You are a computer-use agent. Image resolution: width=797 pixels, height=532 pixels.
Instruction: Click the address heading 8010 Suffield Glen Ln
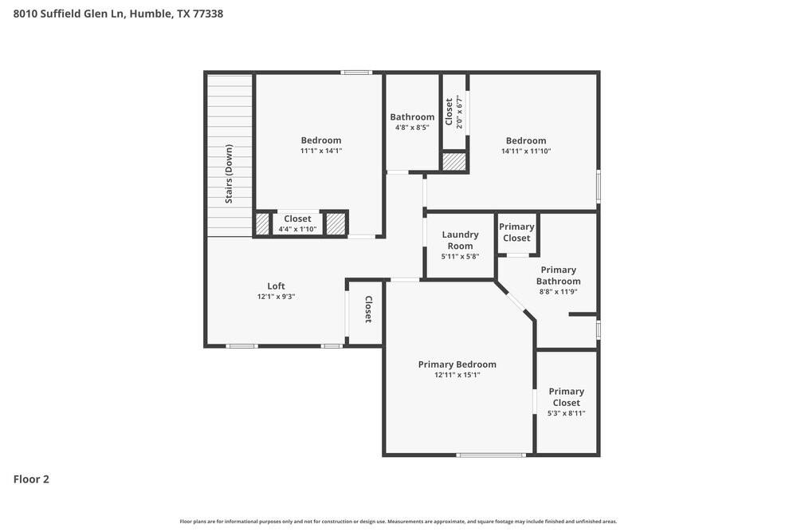(118, 14)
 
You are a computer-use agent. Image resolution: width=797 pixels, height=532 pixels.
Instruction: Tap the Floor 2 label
(31, 479)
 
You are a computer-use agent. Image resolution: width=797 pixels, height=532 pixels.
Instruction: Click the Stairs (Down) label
(229, 174)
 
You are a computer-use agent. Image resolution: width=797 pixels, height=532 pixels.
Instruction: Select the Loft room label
(276, 286)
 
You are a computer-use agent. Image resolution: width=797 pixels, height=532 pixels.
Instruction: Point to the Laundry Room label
(460, 240)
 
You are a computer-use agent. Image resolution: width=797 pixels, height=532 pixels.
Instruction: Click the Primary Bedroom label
(457, 365)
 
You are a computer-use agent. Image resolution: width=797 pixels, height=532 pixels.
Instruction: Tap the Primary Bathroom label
(558, 275)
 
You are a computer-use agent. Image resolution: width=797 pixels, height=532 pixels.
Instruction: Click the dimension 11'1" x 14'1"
(320, 151)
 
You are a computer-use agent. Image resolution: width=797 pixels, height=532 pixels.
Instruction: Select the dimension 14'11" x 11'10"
(526, 151)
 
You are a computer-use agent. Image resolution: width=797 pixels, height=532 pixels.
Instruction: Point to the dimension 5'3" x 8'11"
(566, 413)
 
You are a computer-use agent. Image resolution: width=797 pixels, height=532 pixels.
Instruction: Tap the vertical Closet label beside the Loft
(368, 309)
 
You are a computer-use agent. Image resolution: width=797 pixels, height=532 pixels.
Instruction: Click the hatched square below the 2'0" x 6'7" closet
(454, 161)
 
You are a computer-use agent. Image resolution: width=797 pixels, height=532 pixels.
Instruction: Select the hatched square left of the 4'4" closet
(263, 223)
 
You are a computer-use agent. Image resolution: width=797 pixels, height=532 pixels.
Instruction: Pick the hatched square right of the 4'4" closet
(336, 223)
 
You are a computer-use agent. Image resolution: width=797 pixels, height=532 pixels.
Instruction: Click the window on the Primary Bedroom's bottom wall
(491, 455)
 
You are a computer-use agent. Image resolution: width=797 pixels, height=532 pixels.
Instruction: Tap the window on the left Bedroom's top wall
(356, 73)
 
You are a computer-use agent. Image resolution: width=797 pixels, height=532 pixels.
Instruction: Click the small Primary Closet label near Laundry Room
(516, 232)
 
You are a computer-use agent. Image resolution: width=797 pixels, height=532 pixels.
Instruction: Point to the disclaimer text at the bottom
(398, 522)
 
